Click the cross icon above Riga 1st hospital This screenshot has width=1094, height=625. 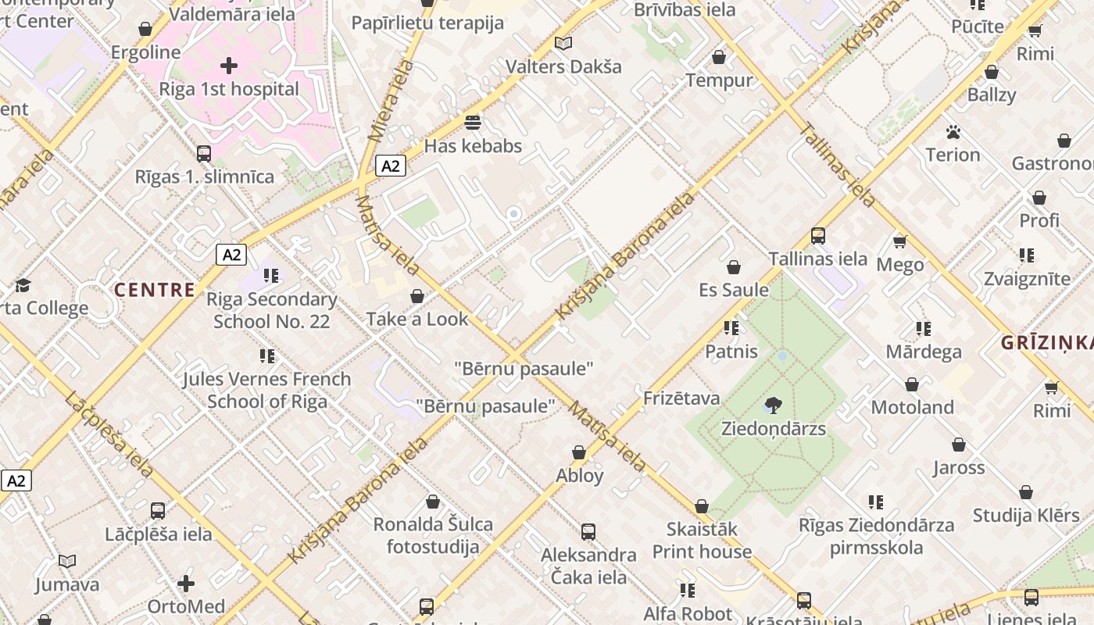coord(229,65)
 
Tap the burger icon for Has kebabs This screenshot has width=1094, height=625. coord(473,123)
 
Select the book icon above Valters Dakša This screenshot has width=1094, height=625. coord(563,44)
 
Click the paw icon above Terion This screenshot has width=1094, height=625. coord(953,132)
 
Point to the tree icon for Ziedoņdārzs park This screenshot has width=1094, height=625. coord(774,405)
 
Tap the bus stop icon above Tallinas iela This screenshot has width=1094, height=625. coord(818,235)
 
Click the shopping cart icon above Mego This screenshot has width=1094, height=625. coord(899,241)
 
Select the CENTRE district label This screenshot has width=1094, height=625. coord(155,290)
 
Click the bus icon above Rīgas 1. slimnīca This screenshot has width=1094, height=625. coord(204,153)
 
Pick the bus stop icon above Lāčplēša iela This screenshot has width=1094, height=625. coord(158,511)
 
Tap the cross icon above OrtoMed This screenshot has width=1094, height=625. coord(186,584)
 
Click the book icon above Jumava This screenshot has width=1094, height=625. coord(67,561)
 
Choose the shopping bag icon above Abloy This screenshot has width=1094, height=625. coord(579,452)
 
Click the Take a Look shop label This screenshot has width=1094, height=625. coord(417,319)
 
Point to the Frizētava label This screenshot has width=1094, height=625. coord(681,398)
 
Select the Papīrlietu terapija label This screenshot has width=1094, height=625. coord(427,23)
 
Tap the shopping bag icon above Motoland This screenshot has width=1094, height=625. coord(912,384)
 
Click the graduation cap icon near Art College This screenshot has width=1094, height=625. coord(23,285)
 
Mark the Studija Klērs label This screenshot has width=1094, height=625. coord(1026,516)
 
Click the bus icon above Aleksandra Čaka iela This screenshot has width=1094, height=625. coord(588,532)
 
